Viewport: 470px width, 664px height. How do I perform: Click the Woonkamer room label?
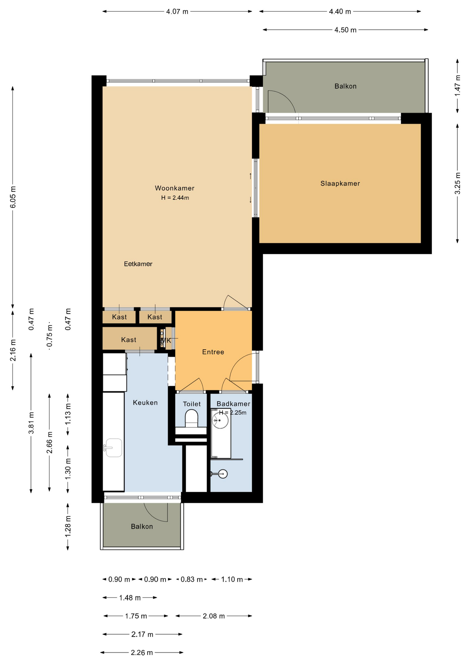(x=174, y=188)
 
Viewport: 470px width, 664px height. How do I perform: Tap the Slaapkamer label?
(x=340, y=184)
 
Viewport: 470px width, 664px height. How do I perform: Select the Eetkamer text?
(x=138, y=264)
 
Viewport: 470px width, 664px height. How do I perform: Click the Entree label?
(x=213, y=352)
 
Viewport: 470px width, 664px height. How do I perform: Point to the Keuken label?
(x=145, y=403)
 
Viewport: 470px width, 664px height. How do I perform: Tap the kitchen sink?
(x=114, y=448)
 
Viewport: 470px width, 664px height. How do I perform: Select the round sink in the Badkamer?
(x=220, y=421)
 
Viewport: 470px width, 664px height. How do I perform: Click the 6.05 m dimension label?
(x=13, y=197)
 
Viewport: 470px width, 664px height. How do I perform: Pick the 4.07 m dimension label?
(x=177, y=11)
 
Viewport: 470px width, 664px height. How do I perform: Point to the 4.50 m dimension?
(x=345, y=30)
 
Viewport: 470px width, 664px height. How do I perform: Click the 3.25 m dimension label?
(x=458, y=183)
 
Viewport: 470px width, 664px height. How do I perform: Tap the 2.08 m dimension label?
(x=214, y=616)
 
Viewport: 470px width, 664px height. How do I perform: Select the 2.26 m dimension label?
(x=142, y=653)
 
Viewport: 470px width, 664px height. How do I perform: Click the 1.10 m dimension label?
(x=232, y=579)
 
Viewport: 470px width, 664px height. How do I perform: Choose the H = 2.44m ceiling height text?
(x=175, y=198)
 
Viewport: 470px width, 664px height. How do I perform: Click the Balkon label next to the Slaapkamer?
(x=345, y=86)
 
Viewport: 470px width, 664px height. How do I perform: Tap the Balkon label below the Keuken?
(x=142, y=526)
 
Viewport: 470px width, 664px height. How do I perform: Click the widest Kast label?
(x=129, y=340)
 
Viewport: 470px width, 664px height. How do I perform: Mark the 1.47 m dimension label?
(x=458, y=86)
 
